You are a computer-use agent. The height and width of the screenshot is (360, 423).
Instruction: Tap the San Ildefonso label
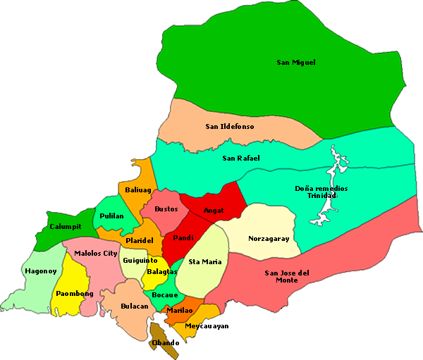[230, 127]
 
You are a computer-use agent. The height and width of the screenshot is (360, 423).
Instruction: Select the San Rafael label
[241, 158]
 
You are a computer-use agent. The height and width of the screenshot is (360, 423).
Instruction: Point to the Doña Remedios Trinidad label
[321, 192]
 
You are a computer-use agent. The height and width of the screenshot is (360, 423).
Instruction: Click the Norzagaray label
[269, 239]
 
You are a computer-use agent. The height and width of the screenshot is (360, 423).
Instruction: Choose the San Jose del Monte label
[287, 276]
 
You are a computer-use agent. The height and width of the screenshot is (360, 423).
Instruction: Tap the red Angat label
[213, 210]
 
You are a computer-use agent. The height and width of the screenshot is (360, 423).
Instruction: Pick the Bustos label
[166, 209]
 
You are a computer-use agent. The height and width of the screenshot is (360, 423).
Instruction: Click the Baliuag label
[138, 190]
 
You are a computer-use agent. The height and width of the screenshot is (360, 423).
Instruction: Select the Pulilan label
[112, 216]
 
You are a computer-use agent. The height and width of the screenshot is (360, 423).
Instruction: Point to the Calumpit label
[66, 227]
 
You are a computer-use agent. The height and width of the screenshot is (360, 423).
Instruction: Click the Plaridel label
[140, 241]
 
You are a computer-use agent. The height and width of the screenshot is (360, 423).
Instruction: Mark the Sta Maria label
[205, 262]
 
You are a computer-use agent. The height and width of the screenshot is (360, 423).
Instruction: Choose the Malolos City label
[96, 253]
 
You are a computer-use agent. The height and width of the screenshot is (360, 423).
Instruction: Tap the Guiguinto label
[140, 260]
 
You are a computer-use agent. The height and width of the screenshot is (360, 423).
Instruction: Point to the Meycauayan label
[207, 326]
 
